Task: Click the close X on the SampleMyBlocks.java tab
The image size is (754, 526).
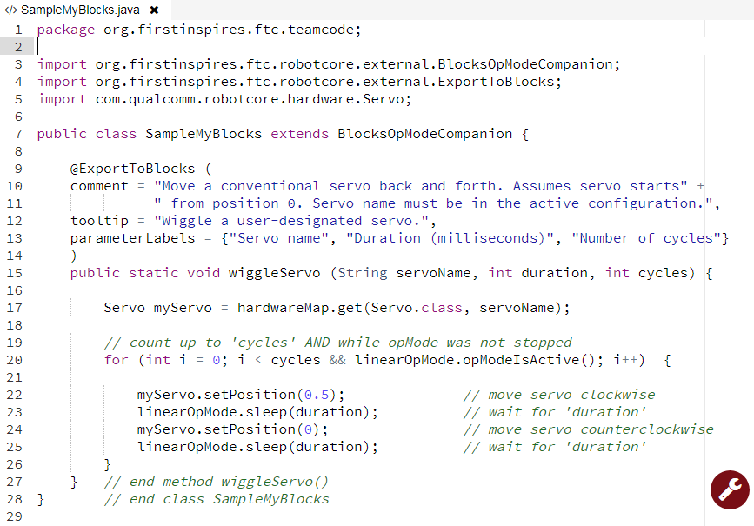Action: coord(154,10)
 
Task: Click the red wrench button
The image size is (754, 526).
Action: coord(730,489)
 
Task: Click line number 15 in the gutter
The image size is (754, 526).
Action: coord(17,273)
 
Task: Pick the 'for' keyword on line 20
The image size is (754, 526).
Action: coord(116,360)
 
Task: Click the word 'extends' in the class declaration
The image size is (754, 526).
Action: coord(300,134)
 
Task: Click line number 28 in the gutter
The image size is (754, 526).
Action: coord(17,499)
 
